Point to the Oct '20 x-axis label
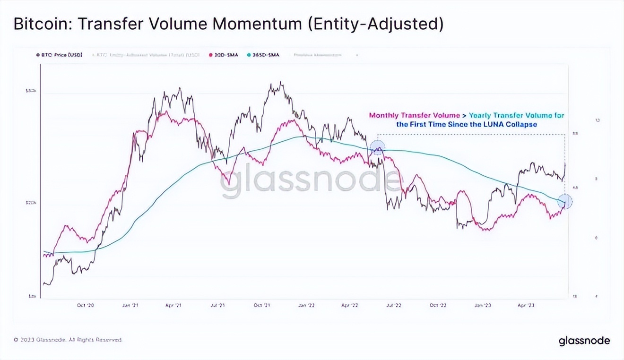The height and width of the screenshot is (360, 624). point(86,305)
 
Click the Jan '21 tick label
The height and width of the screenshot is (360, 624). point(130,305)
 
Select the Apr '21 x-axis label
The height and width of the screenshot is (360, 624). point(173,305)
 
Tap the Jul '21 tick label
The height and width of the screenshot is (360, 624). point(217,305)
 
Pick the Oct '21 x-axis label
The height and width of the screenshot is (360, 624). point(261,305)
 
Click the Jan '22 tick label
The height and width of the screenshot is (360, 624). point(306,305)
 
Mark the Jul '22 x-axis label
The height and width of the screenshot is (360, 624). point(393,305)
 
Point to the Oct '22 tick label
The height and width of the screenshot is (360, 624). point(437,305)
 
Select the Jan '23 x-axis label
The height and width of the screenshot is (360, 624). point(482,305)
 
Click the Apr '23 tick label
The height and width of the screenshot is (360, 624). point(526,305)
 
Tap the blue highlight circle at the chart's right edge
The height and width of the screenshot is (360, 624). point(565,202)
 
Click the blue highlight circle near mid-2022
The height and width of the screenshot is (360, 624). point(377,148)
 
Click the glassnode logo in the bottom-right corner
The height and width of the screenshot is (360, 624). point(584,341)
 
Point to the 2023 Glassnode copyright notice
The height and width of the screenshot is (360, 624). point(68,340)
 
